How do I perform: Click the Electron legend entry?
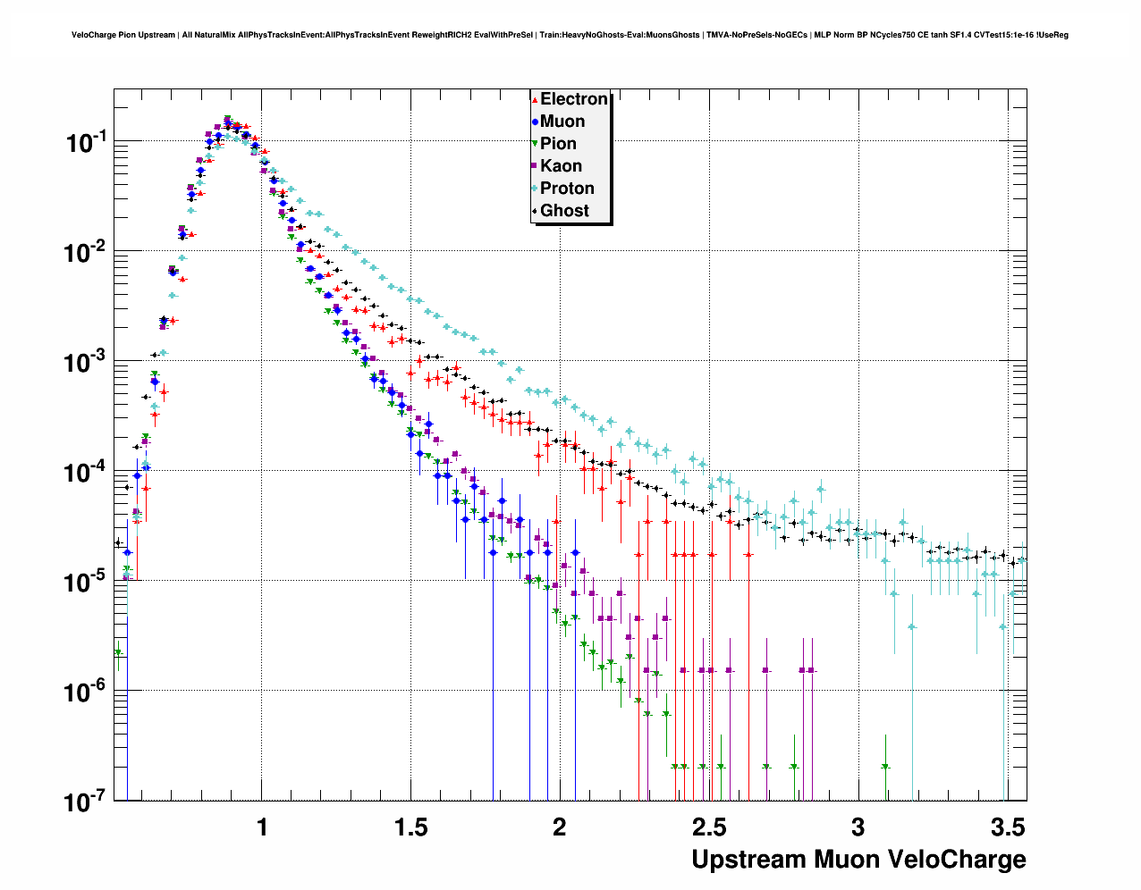click(573, 99)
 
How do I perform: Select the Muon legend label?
click(562, 122)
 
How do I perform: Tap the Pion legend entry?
click(558, 144)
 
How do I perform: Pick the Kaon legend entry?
click(561, 166)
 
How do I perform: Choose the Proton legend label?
click(567, 189)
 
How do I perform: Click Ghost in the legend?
click(564, 211)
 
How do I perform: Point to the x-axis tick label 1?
click(262, 827)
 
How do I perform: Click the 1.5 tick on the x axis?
click(410, 827)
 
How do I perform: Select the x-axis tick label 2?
click(560, 827)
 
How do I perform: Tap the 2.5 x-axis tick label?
click(708, 827)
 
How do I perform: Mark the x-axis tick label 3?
click(858, 827)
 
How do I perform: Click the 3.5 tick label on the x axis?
click(1008, 827)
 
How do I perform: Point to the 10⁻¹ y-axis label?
click(87, 142)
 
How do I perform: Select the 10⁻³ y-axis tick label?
click(87, 362)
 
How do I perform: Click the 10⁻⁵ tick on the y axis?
click(87, 583)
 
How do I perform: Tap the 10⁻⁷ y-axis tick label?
click(87, 802)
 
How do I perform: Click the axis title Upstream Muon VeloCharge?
click(858, 860)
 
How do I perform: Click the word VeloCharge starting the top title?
click(93, 36)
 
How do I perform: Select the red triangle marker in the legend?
click(535, 99)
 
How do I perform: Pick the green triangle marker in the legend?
click(535, 144)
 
